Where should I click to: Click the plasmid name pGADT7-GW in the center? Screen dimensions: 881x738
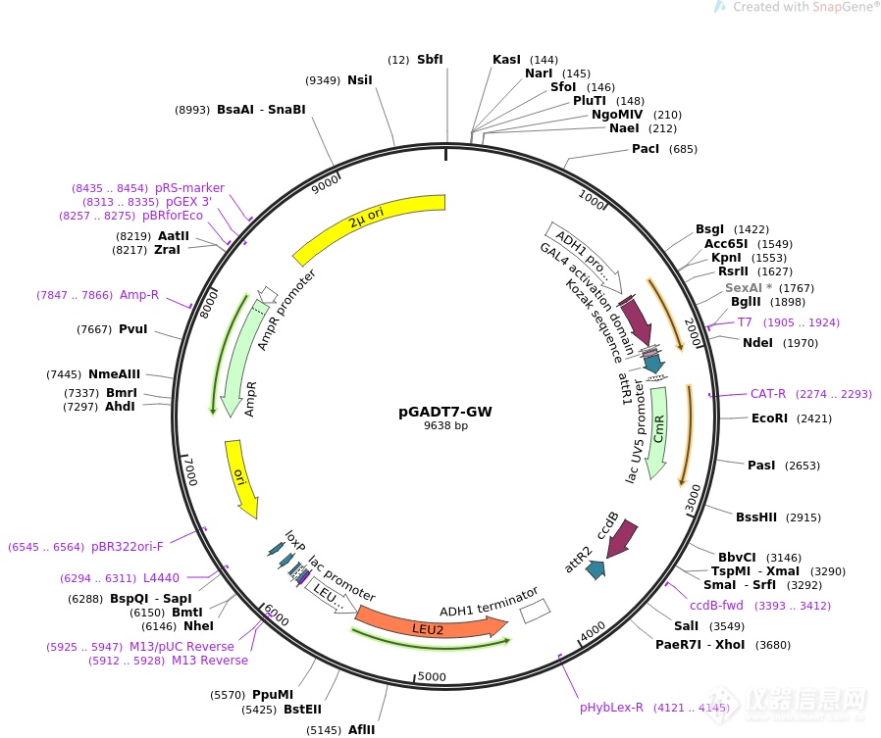[445, 412]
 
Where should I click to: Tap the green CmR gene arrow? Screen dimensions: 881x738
[658, 432]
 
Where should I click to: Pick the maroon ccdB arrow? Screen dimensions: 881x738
[623, 538]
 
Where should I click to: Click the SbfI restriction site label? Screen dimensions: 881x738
[430, 60]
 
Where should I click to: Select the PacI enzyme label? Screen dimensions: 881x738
[645, 149]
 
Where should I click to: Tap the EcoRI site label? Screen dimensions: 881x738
[769, 418]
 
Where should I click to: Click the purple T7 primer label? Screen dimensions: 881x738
[745, 322]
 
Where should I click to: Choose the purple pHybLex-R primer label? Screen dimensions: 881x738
[611, 708]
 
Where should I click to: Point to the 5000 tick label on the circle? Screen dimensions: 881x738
[432, 677]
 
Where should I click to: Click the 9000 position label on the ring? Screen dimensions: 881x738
[326, 183]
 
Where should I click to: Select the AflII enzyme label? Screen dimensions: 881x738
[361, 729]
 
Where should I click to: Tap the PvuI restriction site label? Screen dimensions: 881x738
[132, 329]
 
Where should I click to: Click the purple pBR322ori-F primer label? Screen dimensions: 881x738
[127, 547]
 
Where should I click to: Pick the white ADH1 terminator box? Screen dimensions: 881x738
[535, 612]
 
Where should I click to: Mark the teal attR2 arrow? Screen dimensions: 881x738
[596, 569]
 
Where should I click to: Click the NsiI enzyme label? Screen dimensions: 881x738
[360, 80]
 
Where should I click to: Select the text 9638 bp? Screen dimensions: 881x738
[445, 425]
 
